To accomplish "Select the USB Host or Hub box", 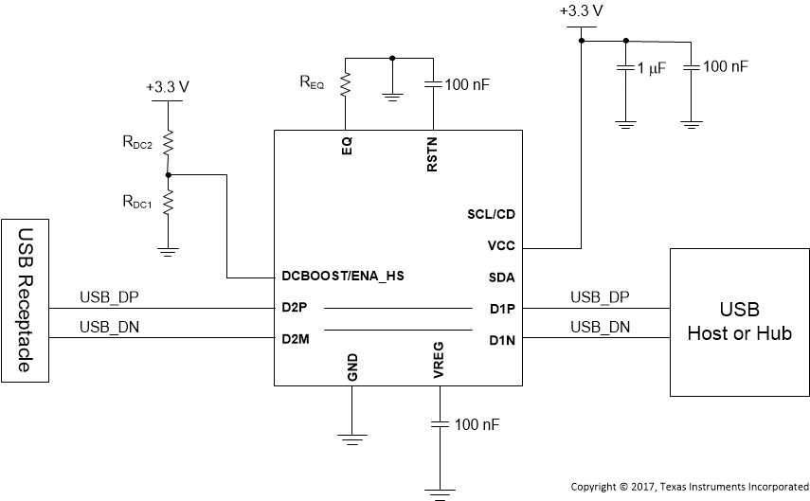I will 739,322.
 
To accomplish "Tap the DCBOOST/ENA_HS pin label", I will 344,277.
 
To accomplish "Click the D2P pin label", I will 294,308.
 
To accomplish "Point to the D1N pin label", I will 501,339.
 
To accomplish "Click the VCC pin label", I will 499,245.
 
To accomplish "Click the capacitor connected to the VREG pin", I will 439,423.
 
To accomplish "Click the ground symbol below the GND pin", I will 351,438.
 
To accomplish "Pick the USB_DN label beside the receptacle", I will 103,328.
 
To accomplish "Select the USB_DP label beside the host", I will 600,296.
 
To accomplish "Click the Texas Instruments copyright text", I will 689,486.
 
